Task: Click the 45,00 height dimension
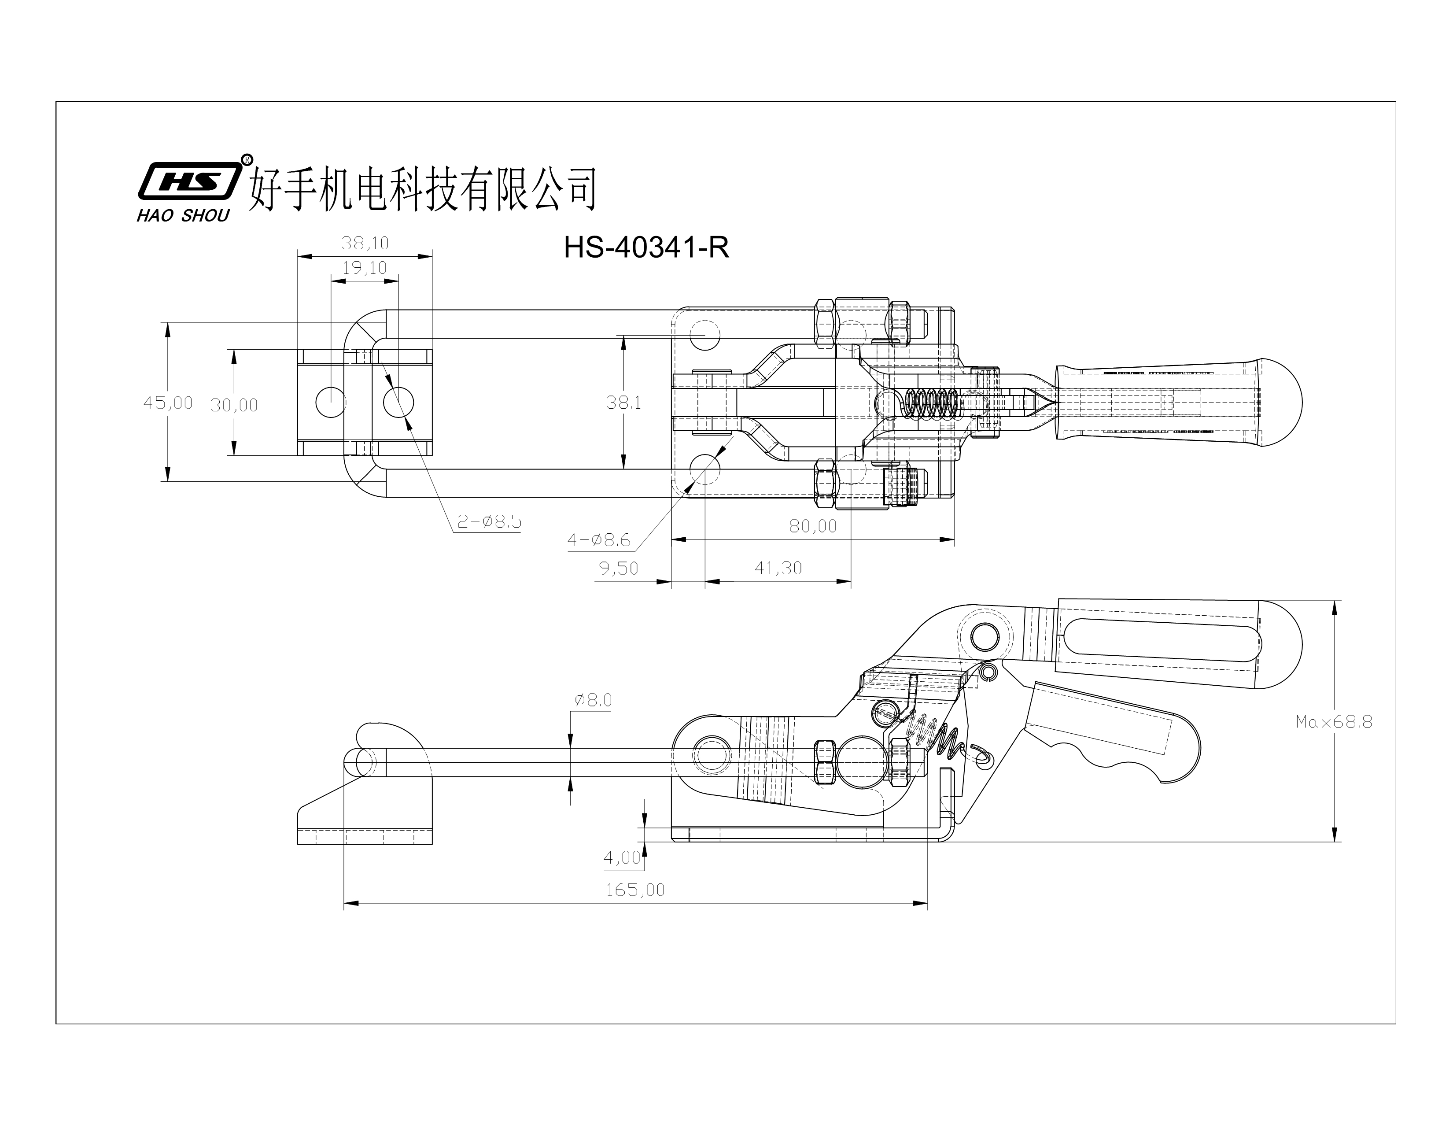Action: (168, 403)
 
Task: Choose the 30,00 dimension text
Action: (234, 405)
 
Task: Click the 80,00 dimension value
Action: (812, 526)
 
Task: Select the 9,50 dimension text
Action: (618, 568)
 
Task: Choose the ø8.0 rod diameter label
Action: (593, 700)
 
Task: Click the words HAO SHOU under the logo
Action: (183, 215)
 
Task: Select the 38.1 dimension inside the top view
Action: (623, 403)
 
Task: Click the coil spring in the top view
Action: (931, 403)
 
